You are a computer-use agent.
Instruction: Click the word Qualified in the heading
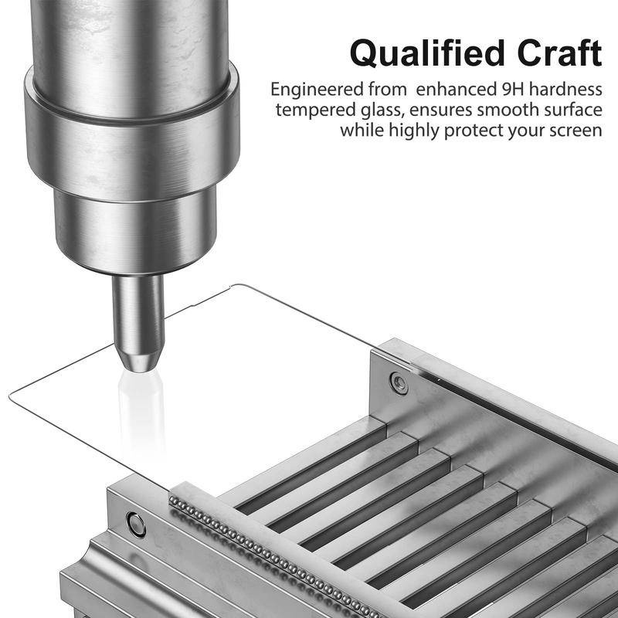click(427, 53)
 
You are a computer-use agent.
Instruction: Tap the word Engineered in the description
click(317, 90)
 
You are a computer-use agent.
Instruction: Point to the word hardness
click(565, 89)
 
